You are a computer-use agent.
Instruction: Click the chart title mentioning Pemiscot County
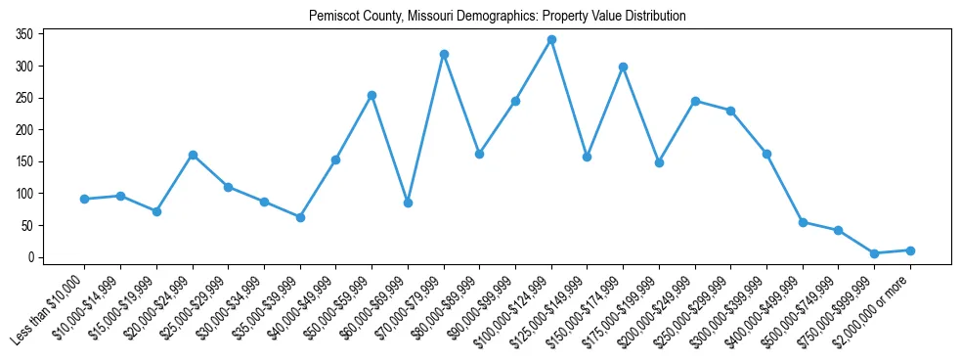click(x=497, y=17)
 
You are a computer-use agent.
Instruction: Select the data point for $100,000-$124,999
click(x=551, y=40)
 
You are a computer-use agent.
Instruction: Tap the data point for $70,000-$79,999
click(x=444, y=54)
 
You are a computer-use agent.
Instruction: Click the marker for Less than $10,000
click(x=85, y=199)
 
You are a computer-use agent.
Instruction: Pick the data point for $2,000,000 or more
click(x=910, y=250)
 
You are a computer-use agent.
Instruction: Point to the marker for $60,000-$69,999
click(x=408, y=203)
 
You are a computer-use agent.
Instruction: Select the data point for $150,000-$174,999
click(x=623, y=67)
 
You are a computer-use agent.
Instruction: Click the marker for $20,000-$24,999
click(x=193, y=155)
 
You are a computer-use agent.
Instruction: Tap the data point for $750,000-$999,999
click(x=874, y=253)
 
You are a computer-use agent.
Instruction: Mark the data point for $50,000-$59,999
click(x=371, y=95)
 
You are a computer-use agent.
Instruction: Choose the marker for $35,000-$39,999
click(x=300, y=217)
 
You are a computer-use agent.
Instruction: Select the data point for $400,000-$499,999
click(x=803, y=222)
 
